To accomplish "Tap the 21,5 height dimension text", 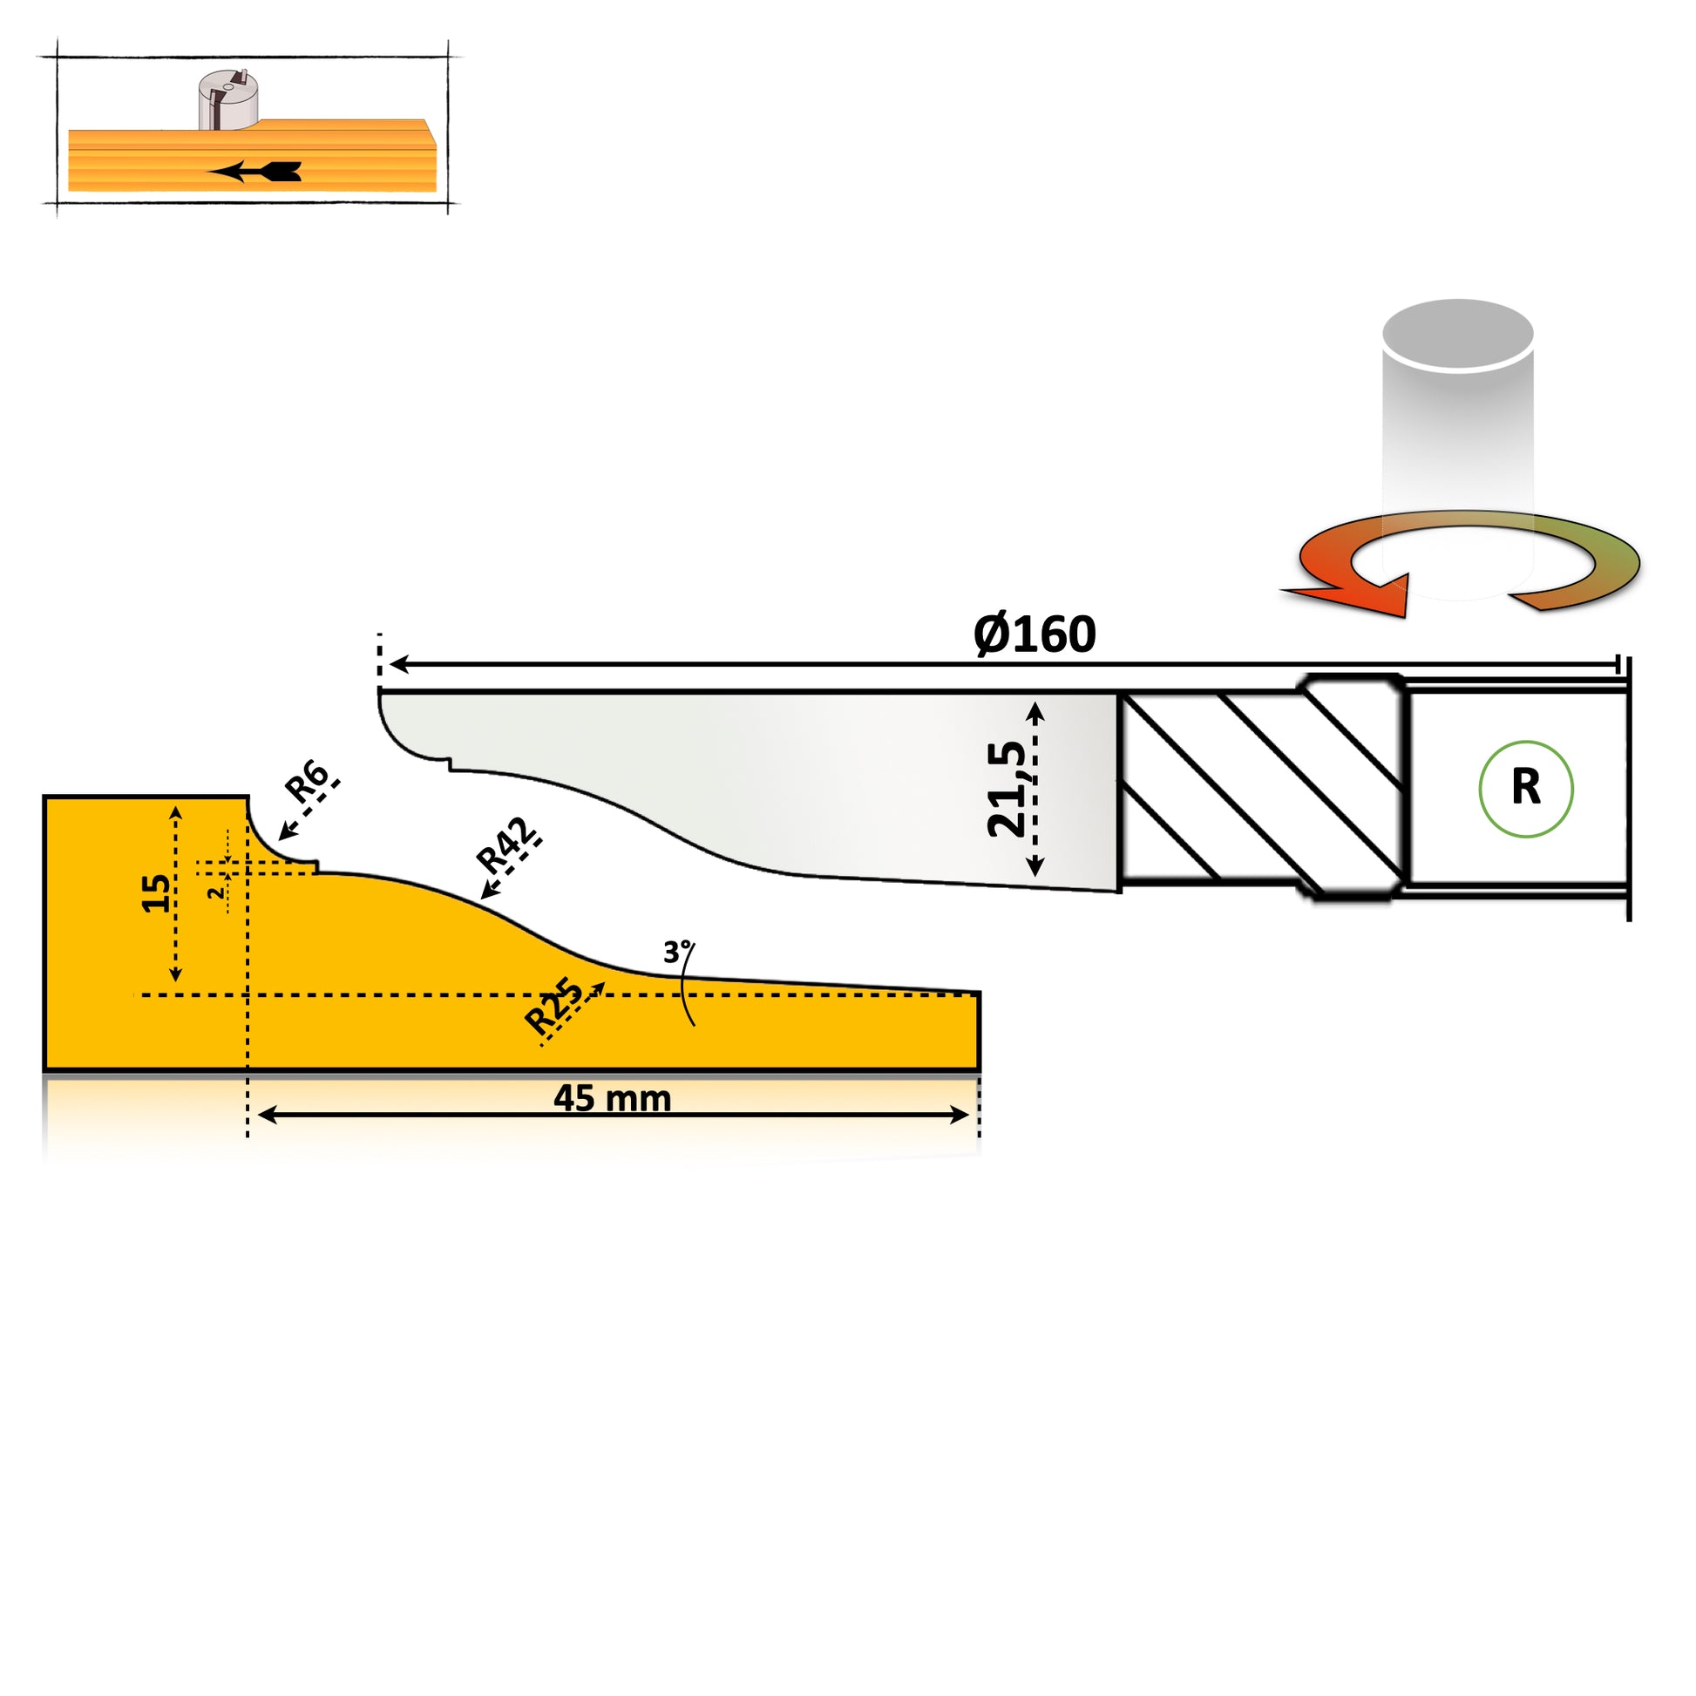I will (x=1006, y=789).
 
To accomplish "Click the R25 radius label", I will (x=553, y=1005).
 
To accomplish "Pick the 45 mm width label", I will (x=612, y=1098).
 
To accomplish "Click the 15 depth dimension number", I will (x=157, y=892).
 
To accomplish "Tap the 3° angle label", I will (x=678, y=951).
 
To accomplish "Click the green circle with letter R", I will (x=1526, y=789).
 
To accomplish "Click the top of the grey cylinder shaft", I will (x=1457, y=335).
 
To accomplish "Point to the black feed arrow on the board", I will (x=254, y=172).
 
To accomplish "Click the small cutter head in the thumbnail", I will (x=227, y=100).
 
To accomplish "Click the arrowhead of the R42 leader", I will (x=485, y=892).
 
